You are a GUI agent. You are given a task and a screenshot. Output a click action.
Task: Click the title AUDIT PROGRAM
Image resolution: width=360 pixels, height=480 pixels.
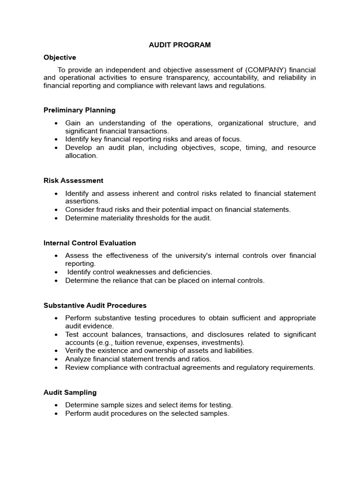[x=180, y=45]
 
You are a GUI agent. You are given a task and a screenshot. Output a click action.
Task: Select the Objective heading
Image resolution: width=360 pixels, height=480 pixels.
[x=60, y=57]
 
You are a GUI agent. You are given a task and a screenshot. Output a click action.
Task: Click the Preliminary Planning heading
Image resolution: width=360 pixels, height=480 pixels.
[x=79, y=110]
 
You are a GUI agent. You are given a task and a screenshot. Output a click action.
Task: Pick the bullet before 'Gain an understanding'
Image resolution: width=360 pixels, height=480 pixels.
[x=56, y=123]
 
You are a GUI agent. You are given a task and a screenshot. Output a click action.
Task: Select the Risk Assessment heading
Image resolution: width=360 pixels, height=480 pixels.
[x=73, y=180]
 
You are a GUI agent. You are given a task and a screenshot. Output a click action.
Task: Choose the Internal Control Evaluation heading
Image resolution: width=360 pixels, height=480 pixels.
[x=90, y=243]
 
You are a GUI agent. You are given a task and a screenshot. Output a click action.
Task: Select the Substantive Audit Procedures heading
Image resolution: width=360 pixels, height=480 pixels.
[x=95, y=305]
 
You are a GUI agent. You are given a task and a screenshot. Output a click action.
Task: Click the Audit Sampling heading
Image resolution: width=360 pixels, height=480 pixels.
[x=70, y=392]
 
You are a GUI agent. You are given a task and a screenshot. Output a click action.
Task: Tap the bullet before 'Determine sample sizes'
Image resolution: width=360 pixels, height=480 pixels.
[x=56, y=405]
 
